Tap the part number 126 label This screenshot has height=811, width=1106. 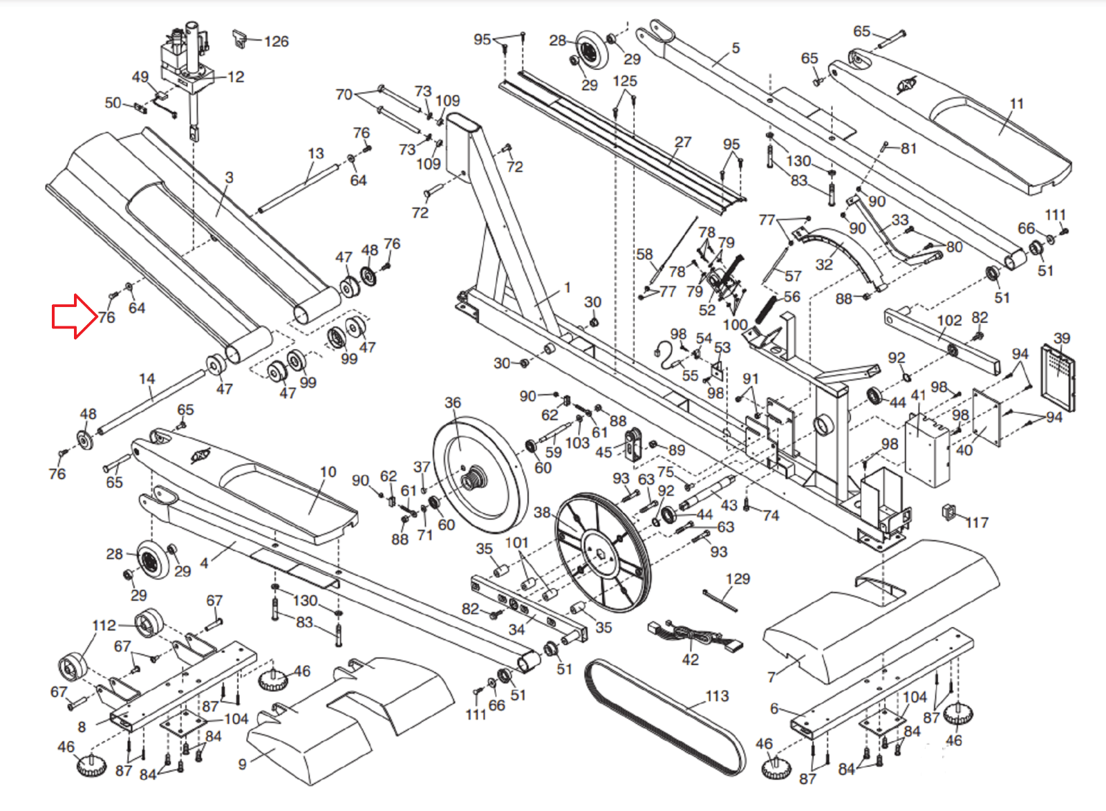coord(276,41)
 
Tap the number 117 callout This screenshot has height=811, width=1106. coord(977,523)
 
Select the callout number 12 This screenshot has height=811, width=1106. coord(236,77)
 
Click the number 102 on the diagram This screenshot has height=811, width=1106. coord(949,321)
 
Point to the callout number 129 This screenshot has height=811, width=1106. coord(738,579)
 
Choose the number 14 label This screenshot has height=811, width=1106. coord(147,379)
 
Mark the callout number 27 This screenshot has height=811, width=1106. coord(683,142)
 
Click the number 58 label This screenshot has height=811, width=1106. coord(644,254)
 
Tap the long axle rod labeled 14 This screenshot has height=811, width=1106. coord(152,403)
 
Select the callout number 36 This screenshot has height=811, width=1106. coord(453,402)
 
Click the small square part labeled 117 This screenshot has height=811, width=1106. coord(948,512)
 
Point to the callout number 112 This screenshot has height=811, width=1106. coord(104,626)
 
